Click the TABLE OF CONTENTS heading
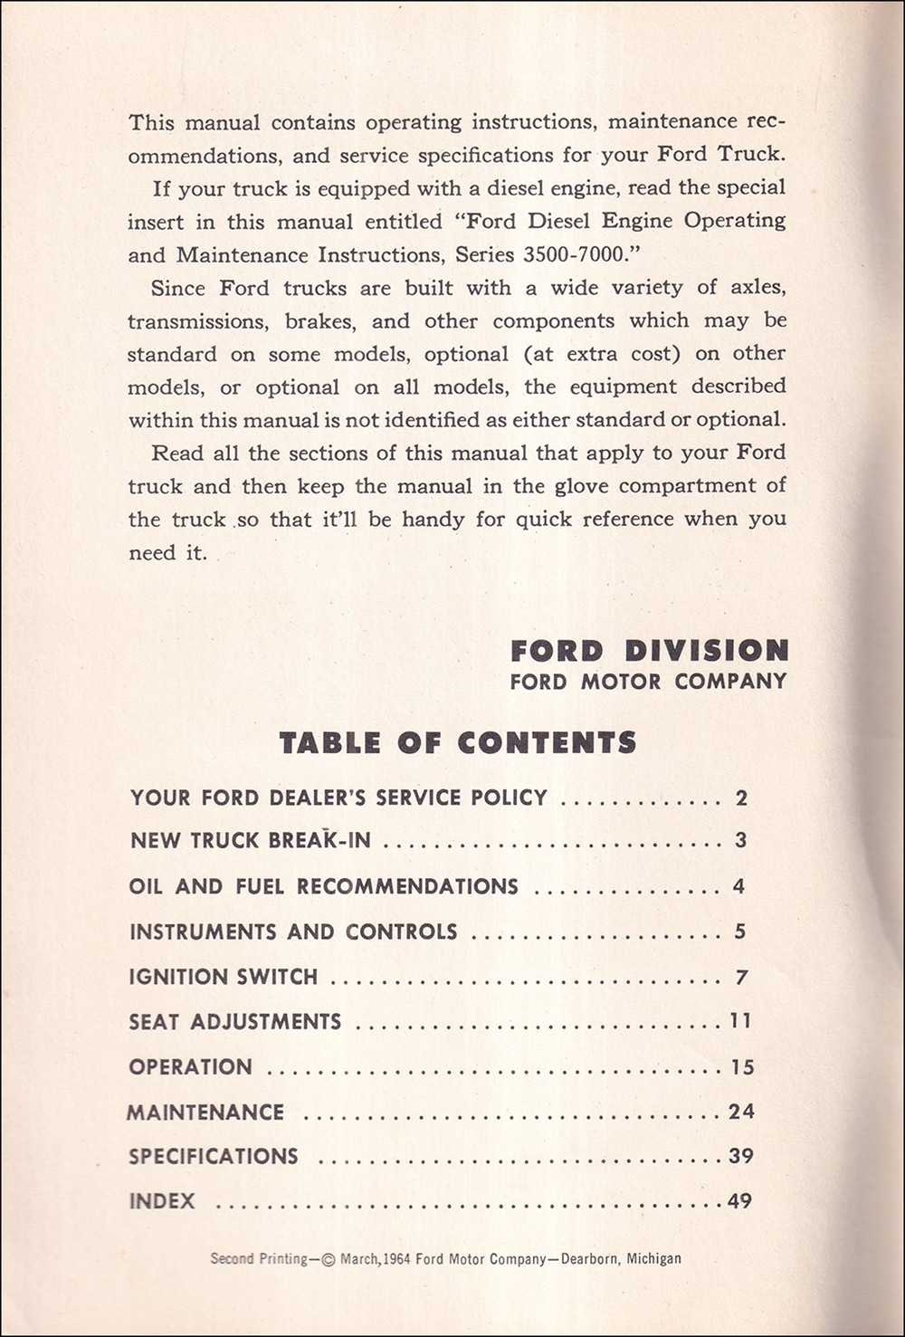[x=458, y=743]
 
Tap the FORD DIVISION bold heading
[x=649, y=650]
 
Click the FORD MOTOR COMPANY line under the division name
[x=648, y=682]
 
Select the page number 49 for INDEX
[x=739, y=1201]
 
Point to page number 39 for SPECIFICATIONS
[x=741, y=1156]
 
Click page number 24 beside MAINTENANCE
[x=741, y=1111]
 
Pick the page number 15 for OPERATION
[x=742, y=1066]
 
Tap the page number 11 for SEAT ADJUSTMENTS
[x=740, y=1021]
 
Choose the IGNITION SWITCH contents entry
[x=224, y=977]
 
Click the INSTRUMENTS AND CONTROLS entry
[x=293, y=931]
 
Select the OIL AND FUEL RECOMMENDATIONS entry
[x=324, y=886]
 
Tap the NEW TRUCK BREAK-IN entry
[x=251, y=840]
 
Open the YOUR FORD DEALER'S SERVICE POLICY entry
[x=338, y=797]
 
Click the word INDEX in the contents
[x=162, y=1201]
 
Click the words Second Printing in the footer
[x=259, y=1258]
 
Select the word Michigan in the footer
[x=651, y=1258]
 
